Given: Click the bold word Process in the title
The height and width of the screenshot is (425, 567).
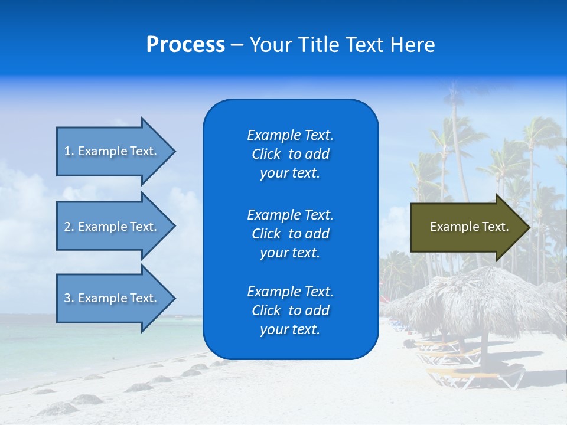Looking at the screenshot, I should click(x=185, y=45).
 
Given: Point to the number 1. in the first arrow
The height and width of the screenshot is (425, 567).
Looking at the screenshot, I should click(x=69, y=151).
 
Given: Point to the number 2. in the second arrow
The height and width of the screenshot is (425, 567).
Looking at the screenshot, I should click(x=69, y=227).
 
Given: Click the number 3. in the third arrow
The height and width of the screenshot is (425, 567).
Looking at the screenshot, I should click(x=69, y=298).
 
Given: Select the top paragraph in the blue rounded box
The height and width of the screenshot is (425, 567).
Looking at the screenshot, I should click(x=290, y=154).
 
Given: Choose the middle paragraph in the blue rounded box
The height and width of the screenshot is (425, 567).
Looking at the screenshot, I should click(x=290, y=234).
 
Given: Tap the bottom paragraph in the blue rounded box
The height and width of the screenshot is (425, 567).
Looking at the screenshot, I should click(x=290, y=310).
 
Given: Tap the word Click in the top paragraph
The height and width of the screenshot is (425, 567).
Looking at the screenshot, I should click(x=266, y=154).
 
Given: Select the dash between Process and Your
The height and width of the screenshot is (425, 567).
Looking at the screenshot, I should click(x=237, y=45).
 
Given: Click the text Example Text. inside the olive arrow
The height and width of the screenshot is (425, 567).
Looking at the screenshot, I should click(x=470, y=227).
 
